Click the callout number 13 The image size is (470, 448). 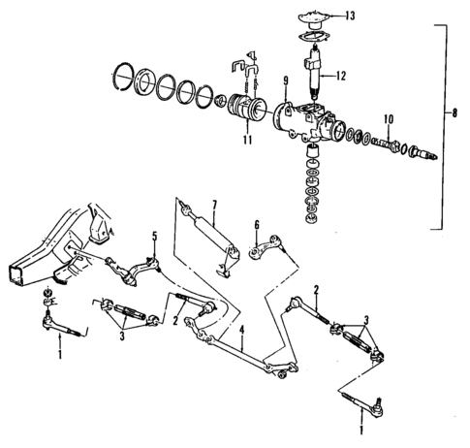(351, 16)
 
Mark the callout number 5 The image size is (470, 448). (152, 237)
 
